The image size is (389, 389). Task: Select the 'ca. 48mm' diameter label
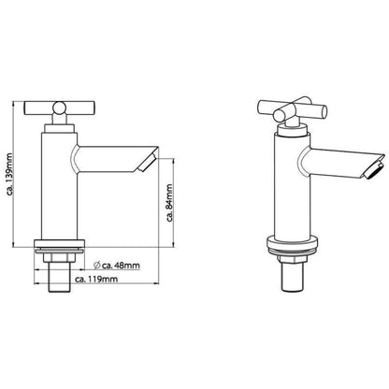click(x=110, y=266)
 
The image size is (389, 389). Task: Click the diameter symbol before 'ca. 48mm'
click(x=85, y=266)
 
